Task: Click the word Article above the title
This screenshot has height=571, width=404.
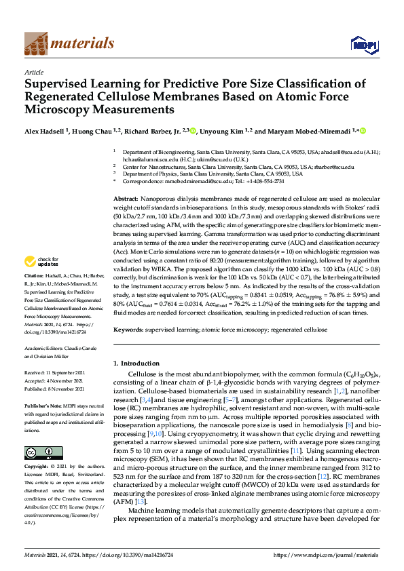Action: (x=33, y=72)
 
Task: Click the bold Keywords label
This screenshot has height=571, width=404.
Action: (x=130, y=330)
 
